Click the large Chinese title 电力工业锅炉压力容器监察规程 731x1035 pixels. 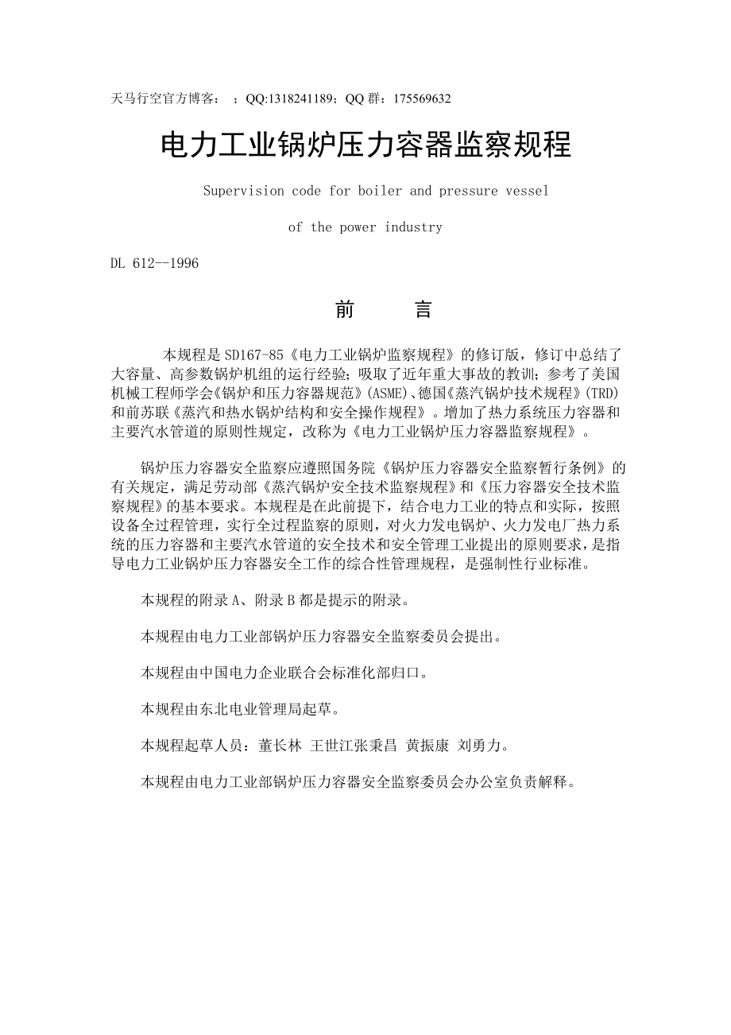pos(366,145)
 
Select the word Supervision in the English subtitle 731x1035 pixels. pos(239,191)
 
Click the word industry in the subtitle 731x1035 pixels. pos(413,227)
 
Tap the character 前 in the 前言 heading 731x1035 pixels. pos(344,310)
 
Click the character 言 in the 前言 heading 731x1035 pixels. pos(424,310)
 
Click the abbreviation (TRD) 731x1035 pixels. pos(603,393)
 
